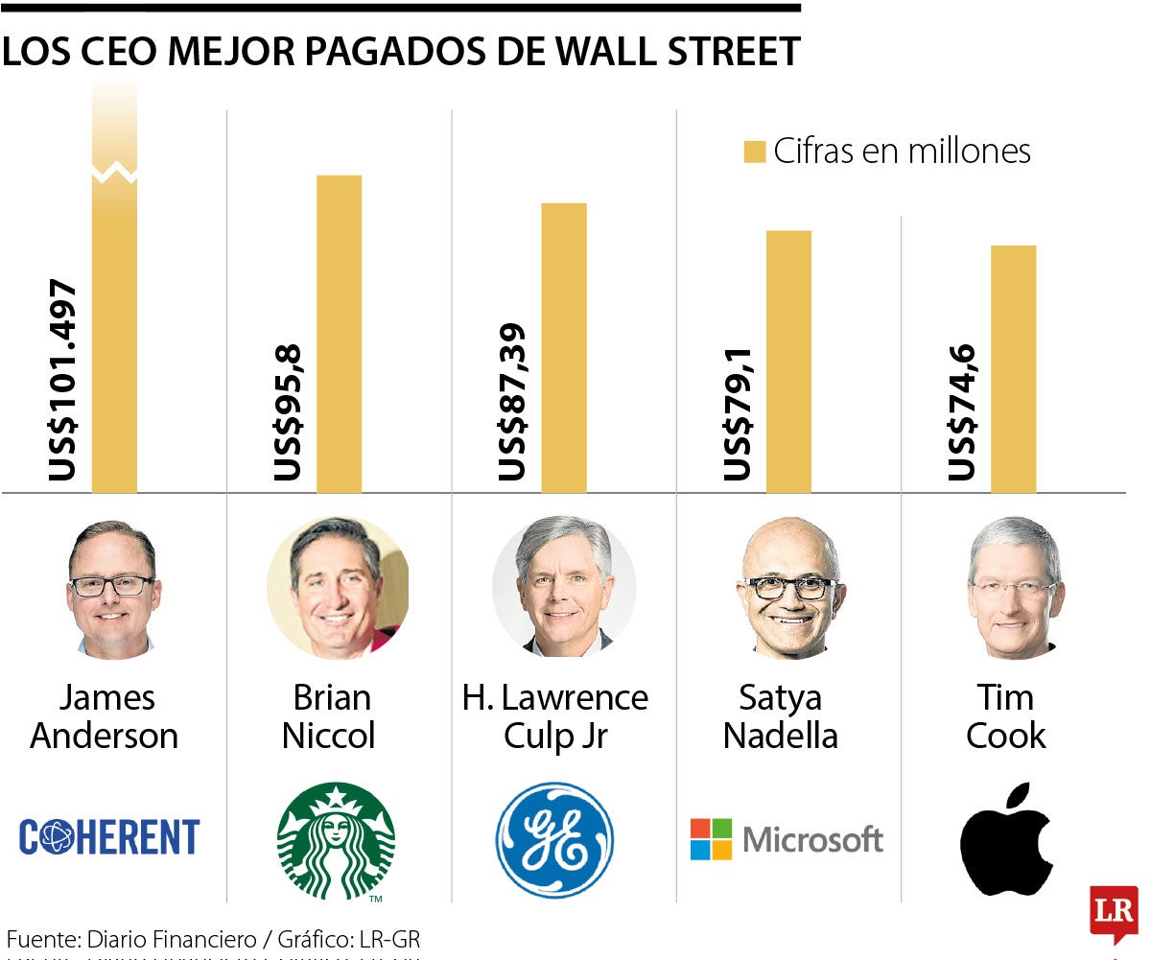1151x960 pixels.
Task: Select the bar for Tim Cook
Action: [x=1013, y=369]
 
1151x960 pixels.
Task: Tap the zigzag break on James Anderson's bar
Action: [x=114, y=174]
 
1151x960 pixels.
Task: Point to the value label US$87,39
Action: [x=512, y=402]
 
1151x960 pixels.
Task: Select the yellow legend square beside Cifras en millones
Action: [x=755, y=152]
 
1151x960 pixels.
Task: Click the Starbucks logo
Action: [x=336, y=840]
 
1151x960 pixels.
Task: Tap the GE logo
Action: [x=554, y=840]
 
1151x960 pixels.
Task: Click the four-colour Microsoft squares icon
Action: [x=711, y=839]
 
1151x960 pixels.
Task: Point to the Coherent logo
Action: [x=109, y=837]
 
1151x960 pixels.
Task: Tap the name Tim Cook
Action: [x=1005, y=716]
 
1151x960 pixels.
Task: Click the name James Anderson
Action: [x=106, y=716]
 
